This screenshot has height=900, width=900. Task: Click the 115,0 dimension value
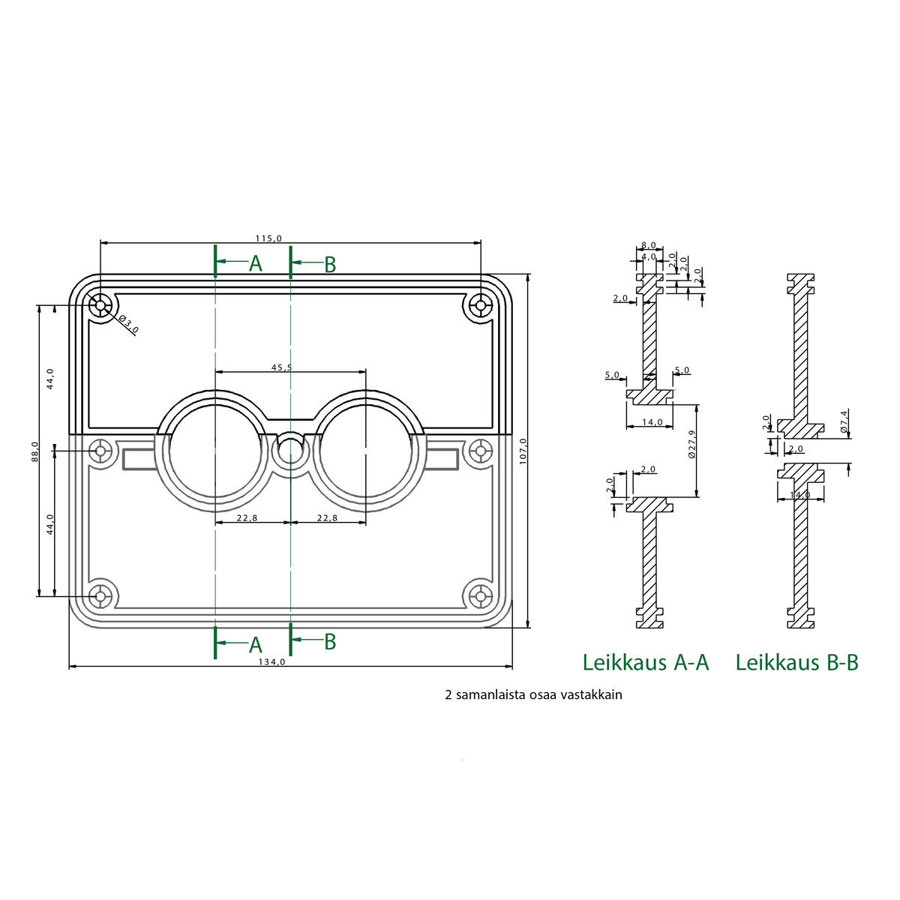[x=268, y=238]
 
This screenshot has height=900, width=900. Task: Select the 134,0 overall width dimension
[x=271, y=661]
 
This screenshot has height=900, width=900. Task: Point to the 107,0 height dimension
[x=523, y=451]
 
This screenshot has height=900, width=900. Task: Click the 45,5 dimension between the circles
[x=282, y=367]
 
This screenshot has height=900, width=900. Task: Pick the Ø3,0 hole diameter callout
[x=128, y=324]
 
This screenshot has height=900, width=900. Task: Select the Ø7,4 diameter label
[x=843, y=421]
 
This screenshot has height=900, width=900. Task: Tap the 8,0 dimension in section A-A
[x=648, y=245]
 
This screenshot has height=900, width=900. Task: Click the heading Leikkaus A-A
[x=646, y=662]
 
